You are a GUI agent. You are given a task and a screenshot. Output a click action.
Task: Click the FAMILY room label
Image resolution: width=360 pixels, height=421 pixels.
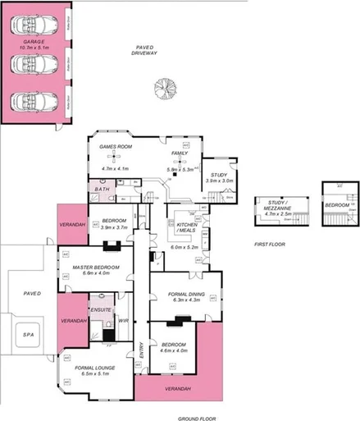pyautogui.click(x=179, y=153)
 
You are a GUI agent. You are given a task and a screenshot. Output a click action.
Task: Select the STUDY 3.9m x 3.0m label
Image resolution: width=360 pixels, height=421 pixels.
pyautogui.click(x=219, y=175)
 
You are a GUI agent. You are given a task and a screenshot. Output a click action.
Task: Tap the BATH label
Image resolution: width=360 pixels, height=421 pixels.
pyautogui.click(x=102, y=190)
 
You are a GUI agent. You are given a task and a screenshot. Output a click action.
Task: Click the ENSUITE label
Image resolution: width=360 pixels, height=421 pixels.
pyautogui.click(x=100, y=309)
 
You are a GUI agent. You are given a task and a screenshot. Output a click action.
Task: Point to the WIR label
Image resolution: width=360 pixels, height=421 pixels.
pyautogui.click(x=125, y=321)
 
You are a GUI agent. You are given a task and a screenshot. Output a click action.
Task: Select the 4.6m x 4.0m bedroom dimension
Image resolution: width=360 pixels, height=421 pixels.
pyautogui.click(x=173, y=350)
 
